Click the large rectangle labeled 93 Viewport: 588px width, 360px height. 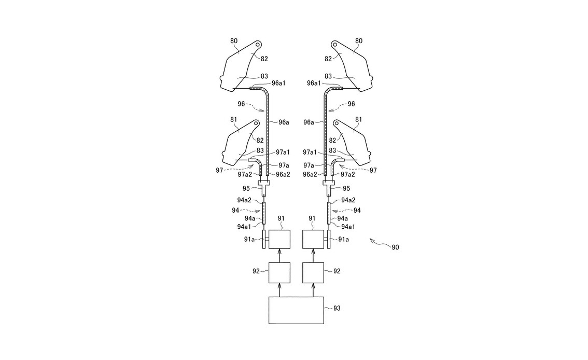[296, 310]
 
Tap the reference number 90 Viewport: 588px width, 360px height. [395, 247]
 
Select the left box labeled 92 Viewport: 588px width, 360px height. [279, 273]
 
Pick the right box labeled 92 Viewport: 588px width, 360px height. [313, 273]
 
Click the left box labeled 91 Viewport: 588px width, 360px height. [279, 239]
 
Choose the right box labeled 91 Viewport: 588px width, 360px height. [313, 239]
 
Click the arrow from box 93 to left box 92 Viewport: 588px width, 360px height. [279, 290]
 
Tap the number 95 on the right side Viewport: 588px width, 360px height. [346, 189]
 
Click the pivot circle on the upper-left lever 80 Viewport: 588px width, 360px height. [258, 44]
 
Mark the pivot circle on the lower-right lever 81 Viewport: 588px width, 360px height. [337, 122]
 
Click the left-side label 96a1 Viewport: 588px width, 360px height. [278, 83]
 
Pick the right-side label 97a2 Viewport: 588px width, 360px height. [347, 174]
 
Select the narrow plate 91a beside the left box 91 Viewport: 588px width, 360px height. [264, 239]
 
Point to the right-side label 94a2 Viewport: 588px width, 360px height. [348, 201]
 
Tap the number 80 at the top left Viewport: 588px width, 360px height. [234, 41]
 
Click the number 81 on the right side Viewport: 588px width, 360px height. [358, 120]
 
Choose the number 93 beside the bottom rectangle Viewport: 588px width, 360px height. [337, 308]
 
